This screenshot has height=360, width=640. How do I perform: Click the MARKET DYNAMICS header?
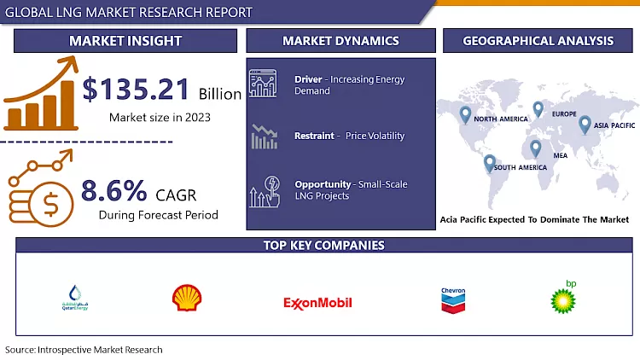tap(340, 40)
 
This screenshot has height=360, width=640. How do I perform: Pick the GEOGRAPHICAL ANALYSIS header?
tap(538, 40)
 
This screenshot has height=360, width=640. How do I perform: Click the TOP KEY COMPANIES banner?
tap(323, 246)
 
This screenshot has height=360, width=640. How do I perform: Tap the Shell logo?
tap(187, 298)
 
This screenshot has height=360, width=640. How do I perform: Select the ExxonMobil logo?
tap(317, 302)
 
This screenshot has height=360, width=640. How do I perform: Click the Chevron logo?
tap(453, 299)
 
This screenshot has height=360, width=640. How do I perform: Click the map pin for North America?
tap(465, 113)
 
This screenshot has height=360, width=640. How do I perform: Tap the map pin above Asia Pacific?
tap(585, 125)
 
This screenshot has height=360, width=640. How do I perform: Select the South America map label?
tap(521, 167)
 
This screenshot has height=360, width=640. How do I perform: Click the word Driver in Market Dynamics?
tap(308, 79)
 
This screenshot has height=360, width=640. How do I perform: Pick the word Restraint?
tap(314, 136)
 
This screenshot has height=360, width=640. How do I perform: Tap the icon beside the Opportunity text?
tap(265, 192)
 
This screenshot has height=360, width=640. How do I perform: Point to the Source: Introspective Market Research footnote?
tap(84, 350)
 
